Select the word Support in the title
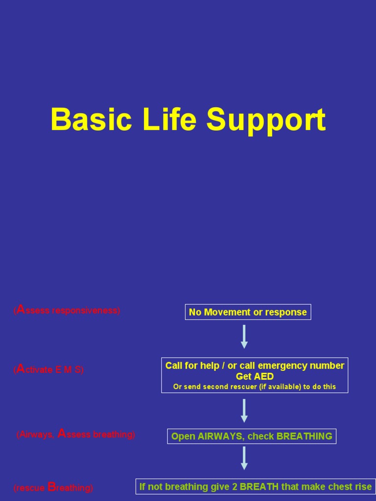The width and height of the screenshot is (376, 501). coord(266,120)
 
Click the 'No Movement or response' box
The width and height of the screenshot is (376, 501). coord(248,312)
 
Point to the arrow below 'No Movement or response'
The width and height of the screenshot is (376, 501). coord(244,337)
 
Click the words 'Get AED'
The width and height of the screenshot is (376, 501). coord(255,376)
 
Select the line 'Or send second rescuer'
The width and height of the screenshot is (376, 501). coord(255,387)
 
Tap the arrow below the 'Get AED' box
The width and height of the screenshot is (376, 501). coord(244,410)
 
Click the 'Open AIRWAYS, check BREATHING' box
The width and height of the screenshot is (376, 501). coord(252,436)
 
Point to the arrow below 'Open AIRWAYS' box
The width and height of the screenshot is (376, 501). coord(244,458)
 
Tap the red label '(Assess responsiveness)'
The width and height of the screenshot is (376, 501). coord(67,310)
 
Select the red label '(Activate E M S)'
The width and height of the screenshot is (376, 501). coord(48,370)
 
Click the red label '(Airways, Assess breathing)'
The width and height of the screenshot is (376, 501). coord(75,434)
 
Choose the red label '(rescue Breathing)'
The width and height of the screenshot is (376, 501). coord(53,487)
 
